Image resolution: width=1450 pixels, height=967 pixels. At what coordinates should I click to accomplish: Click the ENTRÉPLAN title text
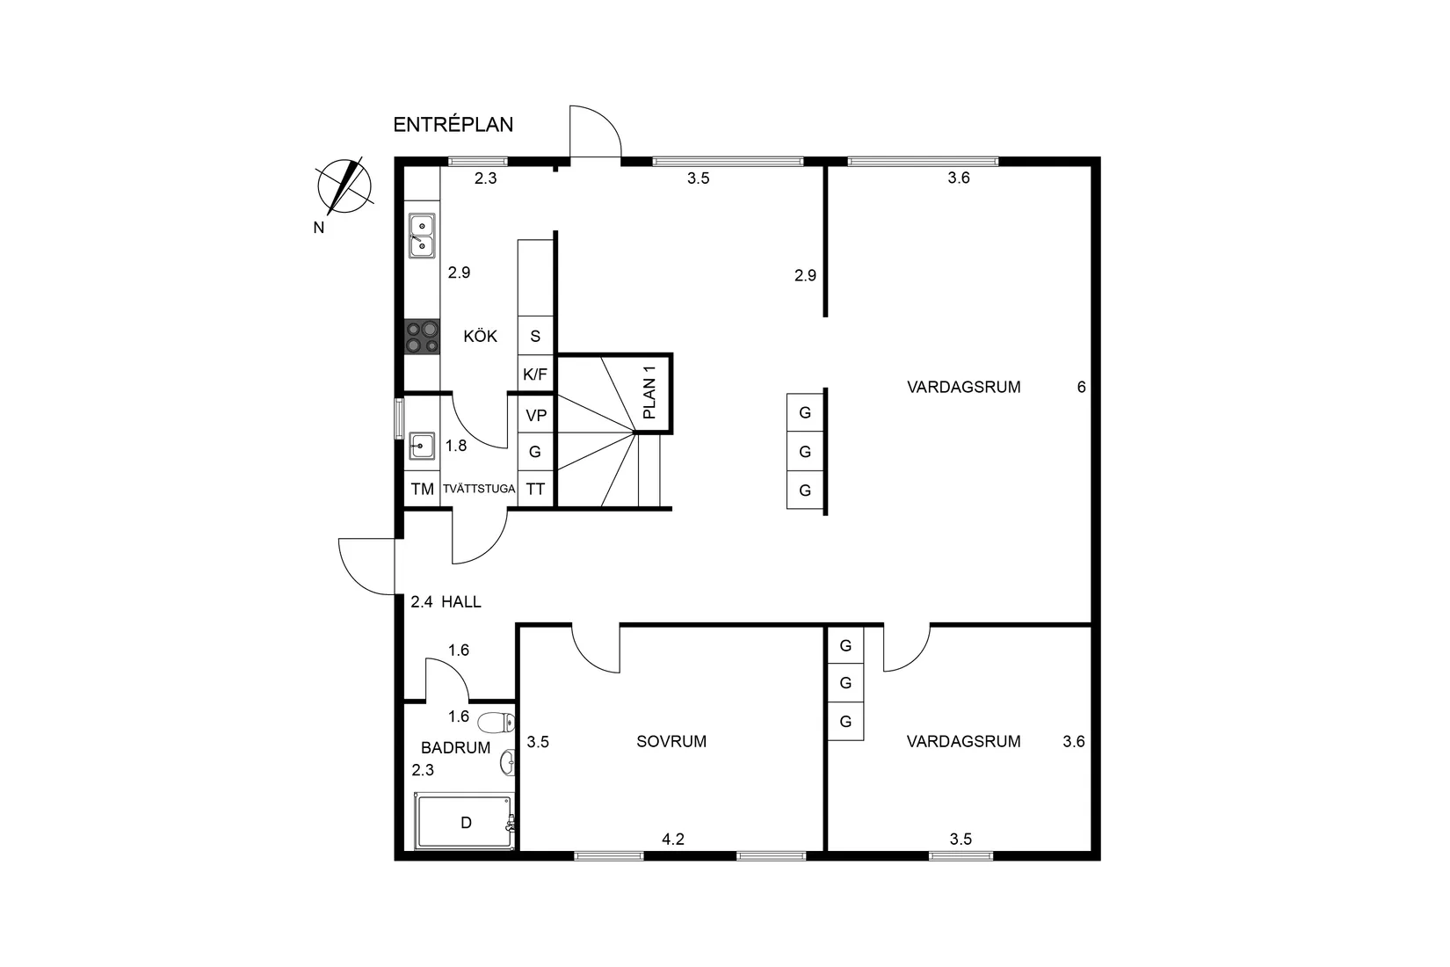(453, 125)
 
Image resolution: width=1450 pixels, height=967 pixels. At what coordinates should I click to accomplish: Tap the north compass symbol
(344, 186)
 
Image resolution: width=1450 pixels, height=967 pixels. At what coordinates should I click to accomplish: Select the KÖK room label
(480, 336)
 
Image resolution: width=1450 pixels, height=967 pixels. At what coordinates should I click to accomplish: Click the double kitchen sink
(422, 236)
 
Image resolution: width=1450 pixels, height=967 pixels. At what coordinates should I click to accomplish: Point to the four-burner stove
(422, 337)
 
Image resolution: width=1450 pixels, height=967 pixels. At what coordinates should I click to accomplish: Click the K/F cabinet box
(535, 374)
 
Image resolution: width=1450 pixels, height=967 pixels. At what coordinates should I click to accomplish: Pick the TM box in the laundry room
(422, 489)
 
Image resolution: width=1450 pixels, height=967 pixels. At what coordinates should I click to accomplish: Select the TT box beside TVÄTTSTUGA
(535, 489)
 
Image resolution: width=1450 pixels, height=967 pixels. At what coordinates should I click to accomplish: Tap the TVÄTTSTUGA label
(479, 489)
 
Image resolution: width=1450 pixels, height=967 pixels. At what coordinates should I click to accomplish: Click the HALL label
(461, 602)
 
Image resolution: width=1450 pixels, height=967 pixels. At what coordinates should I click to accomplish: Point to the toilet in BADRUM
(497, 723)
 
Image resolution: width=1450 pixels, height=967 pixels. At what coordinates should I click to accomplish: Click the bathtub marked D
(465, 823)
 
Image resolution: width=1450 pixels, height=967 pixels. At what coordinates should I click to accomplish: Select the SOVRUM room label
(671, 741)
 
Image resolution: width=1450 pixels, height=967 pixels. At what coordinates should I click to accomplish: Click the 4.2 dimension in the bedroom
(673, 839)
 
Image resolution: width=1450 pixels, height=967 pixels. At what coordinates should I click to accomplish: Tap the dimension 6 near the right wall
(1081, 387)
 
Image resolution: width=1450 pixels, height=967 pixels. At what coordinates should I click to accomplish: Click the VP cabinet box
(535, 415)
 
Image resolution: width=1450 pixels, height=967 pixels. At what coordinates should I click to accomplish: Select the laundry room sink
(422, 447)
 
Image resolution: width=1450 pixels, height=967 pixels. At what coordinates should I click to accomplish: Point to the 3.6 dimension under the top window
(959, 178)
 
